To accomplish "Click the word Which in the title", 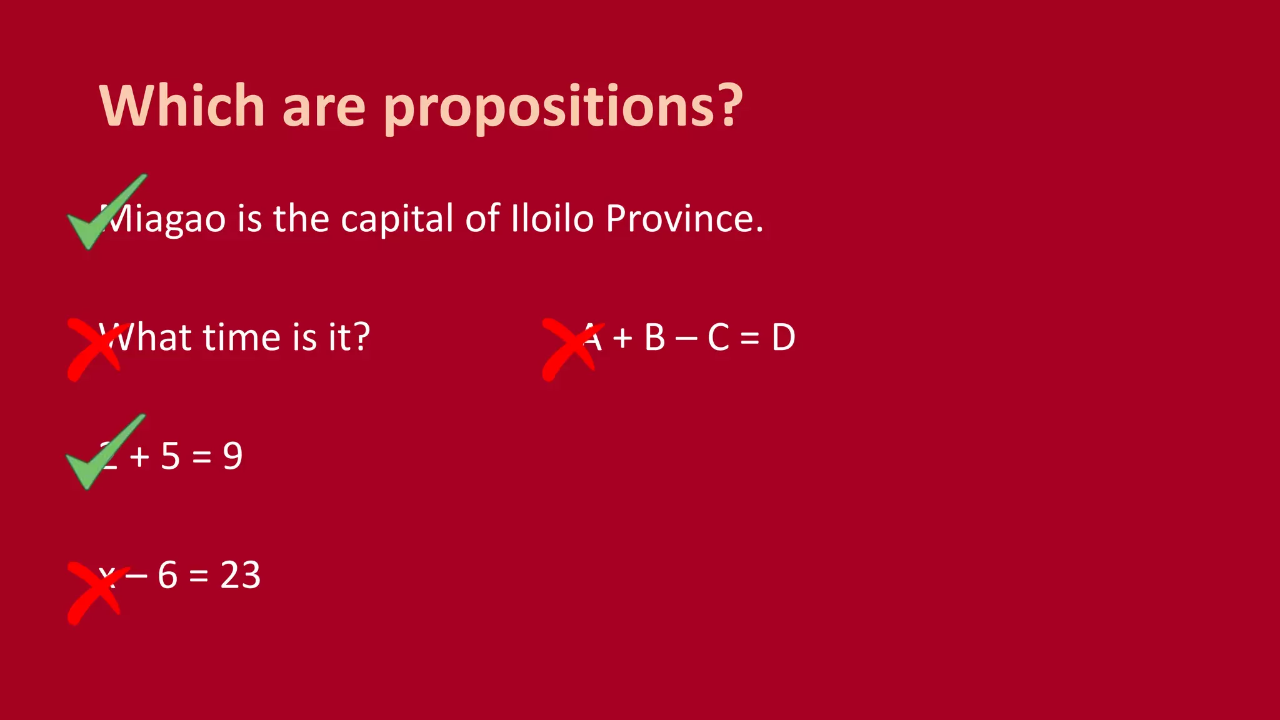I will click(182, 106).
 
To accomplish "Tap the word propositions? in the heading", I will click(563, 107).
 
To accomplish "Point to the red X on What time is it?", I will click(96, 349).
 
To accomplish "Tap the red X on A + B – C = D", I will click(571, 349).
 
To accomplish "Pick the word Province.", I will click(684, 219).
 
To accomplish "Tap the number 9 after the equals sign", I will click(232, 456).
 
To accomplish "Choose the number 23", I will click(241, 575).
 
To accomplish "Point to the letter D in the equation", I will click(783, 337).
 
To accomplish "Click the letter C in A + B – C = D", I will click(718, 337).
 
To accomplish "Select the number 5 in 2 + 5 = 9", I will click(170, 456).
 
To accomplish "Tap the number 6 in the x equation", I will click(167, 575).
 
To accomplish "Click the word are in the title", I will click(324, 107).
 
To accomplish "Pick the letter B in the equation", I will click(654, 337).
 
